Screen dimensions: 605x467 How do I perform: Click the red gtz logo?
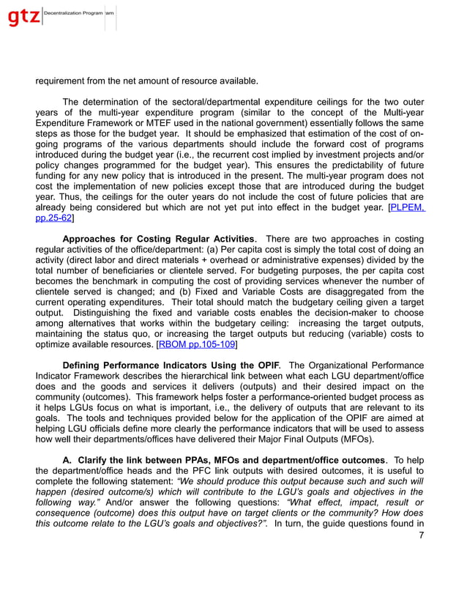coord(23,16)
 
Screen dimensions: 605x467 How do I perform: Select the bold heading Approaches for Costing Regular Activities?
coord(159,239)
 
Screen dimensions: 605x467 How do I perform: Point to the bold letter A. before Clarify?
coord(67,459)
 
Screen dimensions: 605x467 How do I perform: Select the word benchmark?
coord(108,281)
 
